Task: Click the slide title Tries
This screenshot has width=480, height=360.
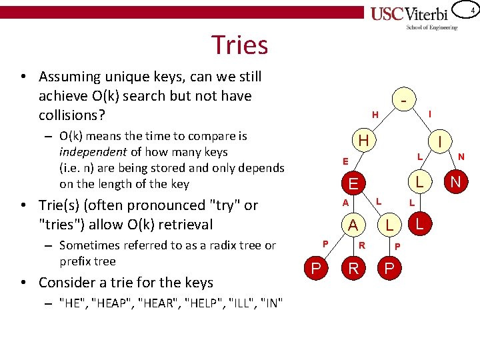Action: point(239,45)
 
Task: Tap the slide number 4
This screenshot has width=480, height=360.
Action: point(472,11)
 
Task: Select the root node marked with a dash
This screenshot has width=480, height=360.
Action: point(405,99)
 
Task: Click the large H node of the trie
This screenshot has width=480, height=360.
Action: point(363,141)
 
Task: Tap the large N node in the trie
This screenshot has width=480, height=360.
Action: point(455,181)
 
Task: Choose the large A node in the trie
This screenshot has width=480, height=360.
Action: point(353,225)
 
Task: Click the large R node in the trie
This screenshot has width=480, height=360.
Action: point(353,269)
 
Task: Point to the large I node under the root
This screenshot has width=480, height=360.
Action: point(441,141)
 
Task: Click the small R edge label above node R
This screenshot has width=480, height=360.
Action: point(362,245)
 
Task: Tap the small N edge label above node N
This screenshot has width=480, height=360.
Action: point(461,157)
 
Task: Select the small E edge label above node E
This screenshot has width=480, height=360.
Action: point(345,161)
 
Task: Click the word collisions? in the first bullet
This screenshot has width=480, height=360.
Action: point(72,115)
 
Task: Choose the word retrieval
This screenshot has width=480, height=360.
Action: point(182,224)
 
